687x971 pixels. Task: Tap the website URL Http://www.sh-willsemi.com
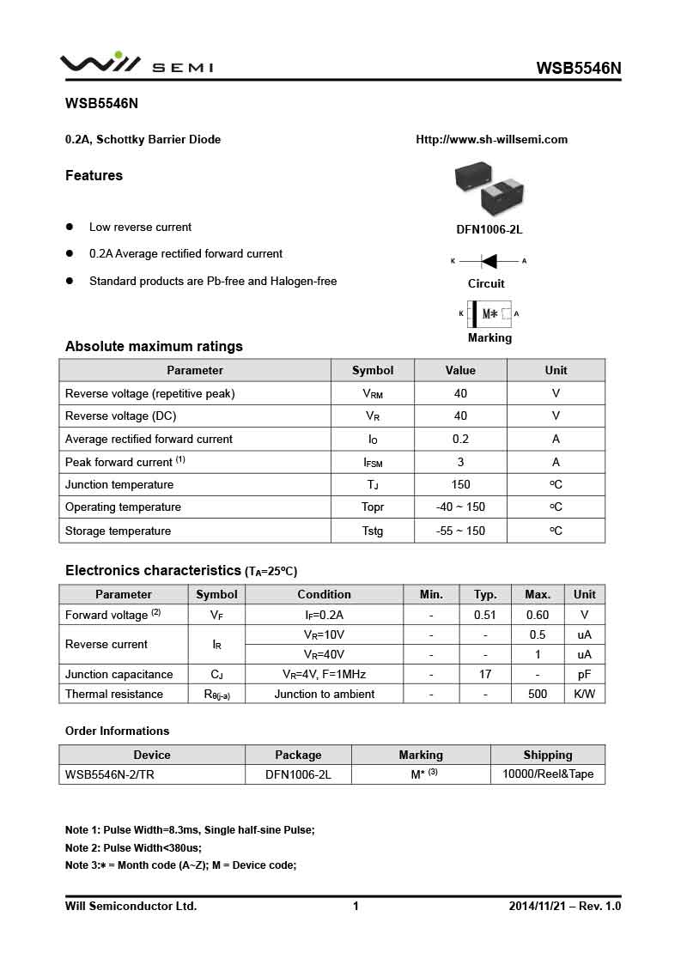coord(491,139)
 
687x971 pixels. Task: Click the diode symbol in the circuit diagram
coord(489,261)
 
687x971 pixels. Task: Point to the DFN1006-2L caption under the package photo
coord(489,229)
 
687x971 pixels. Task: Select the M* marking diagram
coord(489,314)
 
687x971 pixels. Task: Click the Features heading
coord(94,175)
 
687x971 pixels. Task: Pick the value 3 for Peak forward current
coord(460,462)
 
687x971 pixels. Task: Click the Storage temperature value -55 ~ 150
coord(460,531)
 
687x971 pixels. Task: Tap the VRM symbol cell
coord(373,393)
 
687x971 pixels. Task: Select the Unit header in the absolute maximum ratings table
coord(556,370)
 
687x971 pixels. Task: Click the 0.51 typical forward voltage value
coord(485,615)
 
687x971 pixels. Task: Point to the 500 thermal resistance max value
coord(538,694)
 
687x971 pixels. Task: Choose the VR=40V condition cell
coord(324,654)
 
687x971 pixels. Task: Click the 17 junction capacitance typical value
coord(485,674)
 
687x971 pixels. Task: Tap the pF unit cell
coord(584,674)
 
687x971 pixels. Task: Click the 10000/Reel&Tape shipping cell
coord(547,774)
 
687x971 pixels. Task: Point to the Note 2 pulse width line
coord(133,847)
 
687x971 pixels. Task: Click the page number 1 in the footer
coord(356,906)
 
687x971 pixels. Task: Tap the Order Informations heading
coord(117,731)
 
